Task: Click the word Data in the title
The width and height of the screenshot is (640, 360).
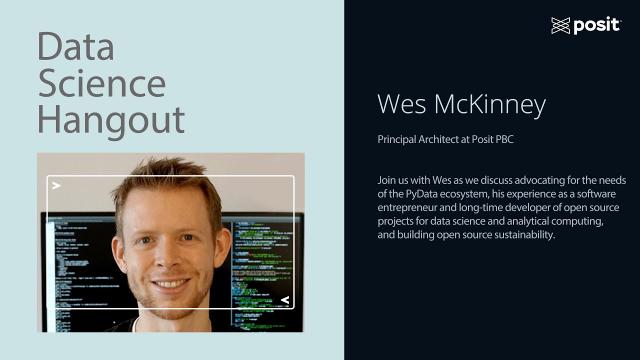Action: tap(75, 47)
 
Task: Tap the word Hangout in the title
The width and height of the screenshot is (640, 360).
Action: tap(111, 120)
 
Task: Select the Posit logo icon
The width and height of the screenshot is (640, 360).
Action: tap(560, 25)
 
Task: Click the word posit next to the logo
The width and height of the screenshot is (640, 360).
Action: tap(597, 25)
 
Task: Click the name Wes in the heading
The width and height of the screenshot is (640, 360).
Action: tap(400, 105)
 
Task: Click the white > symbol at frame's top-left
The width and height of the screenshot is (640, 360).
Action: tap(57, 186)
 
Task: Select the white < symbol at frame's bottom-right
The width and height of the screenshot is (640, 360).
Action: tap(285, 300)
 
